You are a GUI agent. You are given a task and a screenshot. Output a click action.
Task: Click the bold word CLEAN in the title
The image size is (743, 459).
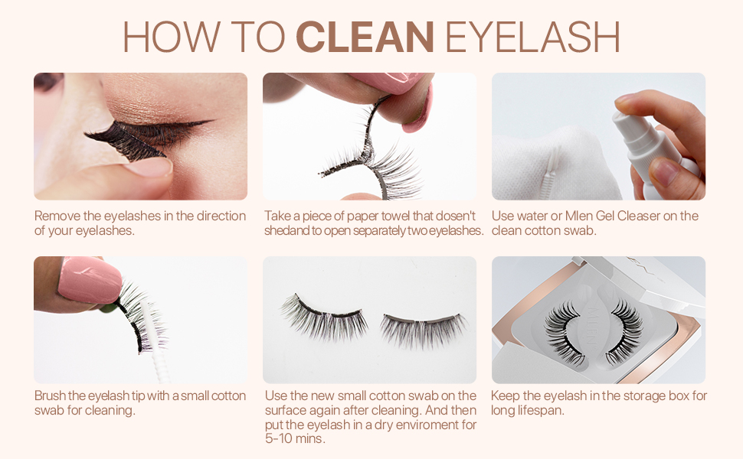click(365, 36)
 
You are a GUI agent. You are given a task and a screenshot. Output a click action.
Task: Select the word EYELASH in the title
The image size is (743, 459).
click(532, 36)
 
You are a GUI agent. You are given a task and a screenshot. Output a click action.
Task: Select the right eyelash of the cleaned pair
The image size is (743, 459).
click(424, 327)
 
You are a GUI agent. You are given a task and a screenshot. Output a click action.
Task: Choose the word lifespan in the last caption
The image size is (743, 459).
click(538, 411)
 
